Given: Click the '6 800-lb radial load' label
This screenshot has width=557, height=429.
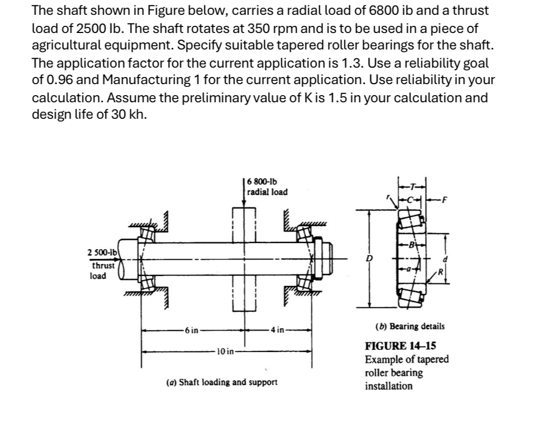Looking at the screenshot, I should tap(267, 187).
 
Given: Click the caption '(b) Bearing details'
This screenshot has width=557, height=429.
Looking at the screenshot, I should tap(410, 326).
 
